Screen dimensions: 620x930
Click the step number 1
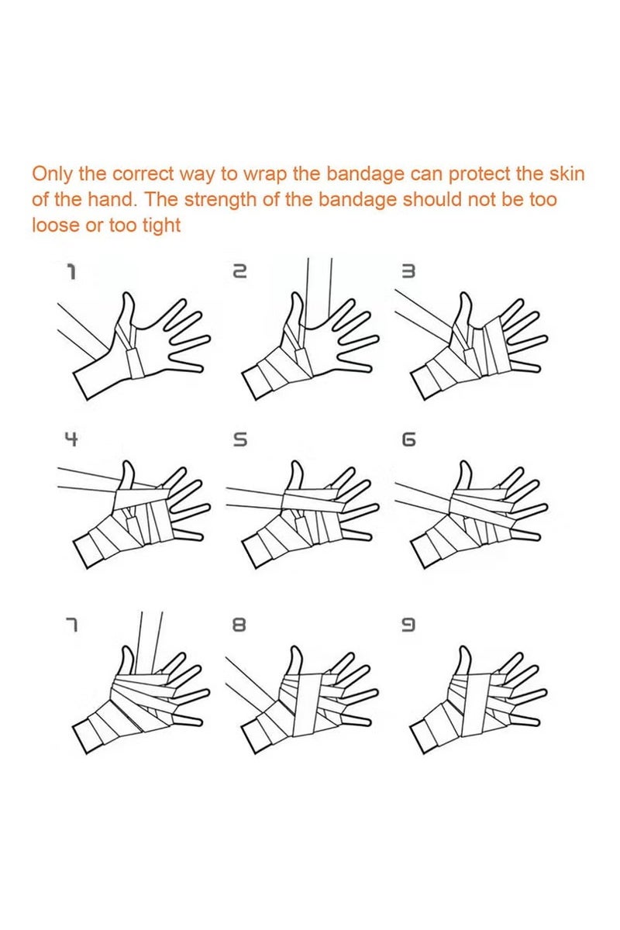click(x=72, y=272)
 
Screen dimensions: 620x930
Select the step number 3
click(x=408, y=272)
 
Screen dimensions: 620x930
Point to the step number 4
click(x=71, y=439)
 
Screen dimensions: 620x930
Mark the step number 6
click(x=408, y=439)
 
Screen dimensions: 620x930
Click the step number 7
click(x=72, y=625)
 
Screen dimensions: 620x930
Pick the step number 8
click(x=239, y=625)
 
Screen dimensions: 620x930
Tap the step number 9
click(x=408, y=625)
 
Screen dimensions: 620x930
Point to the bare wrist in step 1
click(x=95, y=378)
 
